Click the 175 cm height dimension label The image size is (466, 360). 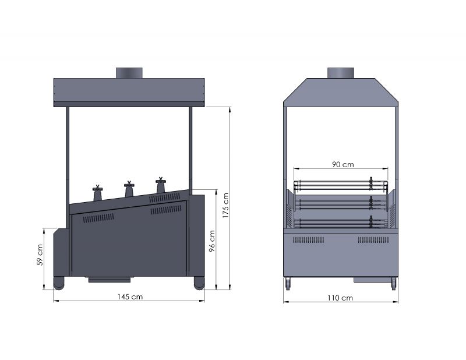coord(225,206)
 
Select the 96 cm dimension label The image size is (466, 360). coord(212,241)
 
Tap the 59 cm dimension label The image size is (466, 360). coord(40,255)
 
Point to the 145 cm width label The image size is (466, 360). coord(130,297)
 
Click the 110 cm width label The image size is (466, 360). coord(340,298)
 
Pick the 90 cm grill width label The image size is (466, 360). coord(343,164)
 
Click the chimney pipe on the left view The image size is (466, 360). coord(129,73)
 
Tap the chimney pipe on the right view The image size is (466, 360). coord(341,73)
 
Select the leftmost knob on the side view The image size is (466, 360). coord(97,193)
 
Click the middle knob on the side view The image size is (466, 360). coord(129,189)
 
